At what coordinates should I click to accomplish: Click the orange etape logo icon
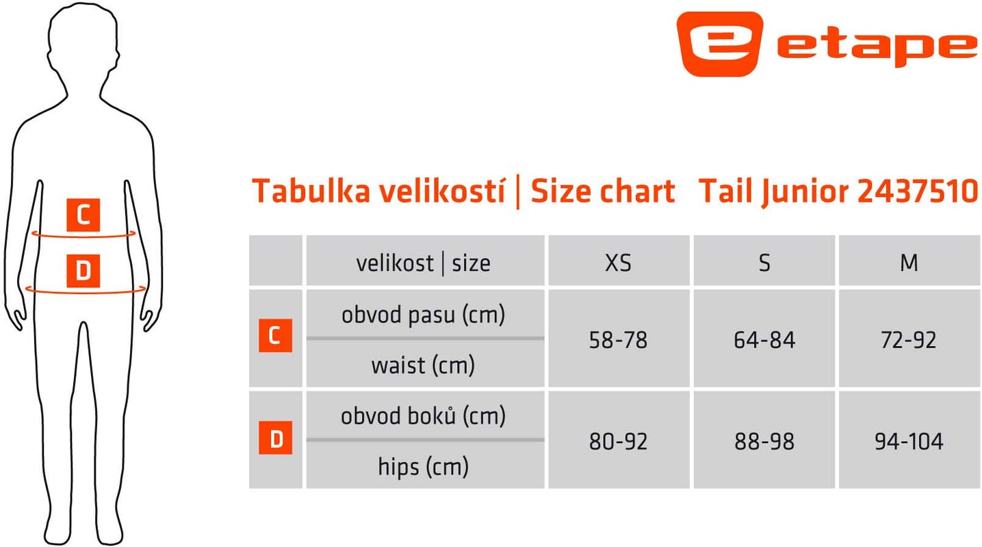pyautogui.click(x=719, y=44)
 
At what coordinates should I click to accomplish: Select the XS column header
pyautogui.click(x=618, y=263)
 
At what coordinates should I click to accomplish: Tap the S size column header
pyautogui.click(x=764, y=263)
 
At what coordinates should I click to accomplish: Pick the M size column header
pyautogui.click(x=909, y=263)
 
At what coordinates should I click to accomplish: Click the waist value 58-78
pyautogui.click(x=618, y=340)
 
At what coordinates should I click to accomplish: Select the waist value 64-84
pyautogui.click(x=764, y=340)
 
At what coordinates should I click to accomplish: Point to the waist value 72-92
pyautogui.click(x=909, y=340)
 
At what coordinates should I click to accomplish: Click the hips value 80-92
pyautogui.click(x=618, y=442)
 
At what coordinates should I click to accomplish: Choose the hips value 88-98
pyautogui.click(x=764, y=442)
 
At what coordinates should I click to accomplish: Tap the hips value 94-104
pyautogui.click(x=909, y=442)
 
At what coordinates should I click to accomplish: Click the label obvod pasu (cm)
pyautogui.click(x=423, y=315)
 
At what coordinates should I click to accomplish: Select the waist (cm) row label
pyautogui.click(x=423, y=365)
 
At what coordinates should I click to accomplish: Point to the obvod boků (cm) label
pyautogui.click(x=423, y=416)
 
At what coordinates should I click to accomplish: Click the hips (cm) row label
pyautogui.click(x=423, y=466)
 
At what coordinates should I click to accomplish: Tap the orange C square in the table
pyautogui.click(x=275, y=336)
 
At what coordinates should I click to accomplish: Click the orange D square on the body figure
pyautogui.click(x=83, y=271)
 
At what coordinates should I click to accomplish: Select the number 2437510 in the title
pyautogui.click(x=918, y=191)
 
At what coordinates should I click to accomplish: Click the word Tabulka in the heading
pyautogui.click(x=311, y=191)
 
